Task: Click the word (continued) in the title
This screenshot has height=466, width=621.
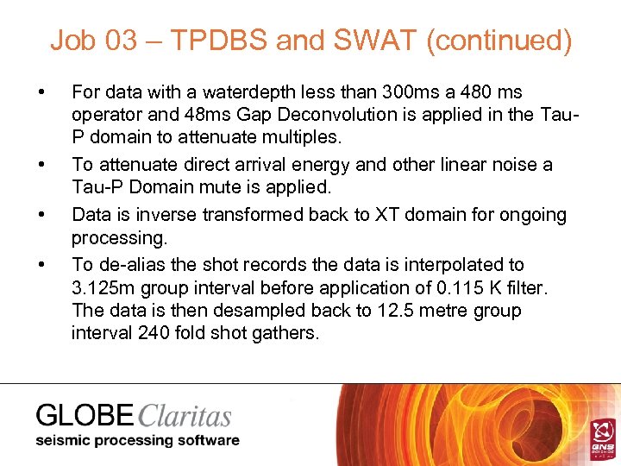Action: click(498, 41)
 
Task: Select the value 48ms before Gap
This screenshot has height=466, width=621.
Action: click(204, 116)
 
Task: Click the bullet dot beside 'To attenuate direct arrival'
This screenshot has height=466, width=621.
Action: click(41, 164)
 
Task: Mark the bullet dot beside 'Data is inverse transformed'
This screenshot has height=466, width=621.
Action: click(41, 213)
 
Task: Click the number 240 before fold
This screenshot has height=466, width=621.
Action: click(154, 333)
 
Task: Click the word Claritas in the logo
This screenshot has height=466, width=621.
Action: click(184, 416)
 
